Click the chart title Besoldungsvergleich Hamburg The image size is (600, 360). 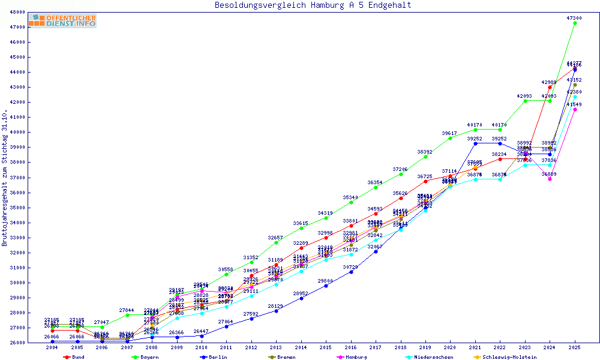pos(313,5)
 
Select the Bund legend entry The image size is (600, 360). pos(74,357)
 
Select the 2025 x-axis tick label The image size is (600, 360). pos(575,347)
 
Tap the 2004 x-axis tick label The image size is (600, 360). pos(52,347)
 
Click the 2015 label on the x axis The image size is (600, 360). pos(326,347)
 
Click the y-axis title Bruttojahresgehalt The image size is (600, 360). pos(5,178)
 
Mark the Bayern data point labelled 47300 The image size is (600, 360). pos(575,23)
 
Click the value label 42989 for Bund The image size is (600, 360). pos(549,82)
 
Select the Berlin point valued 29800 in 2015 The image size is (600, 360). pos(326,286)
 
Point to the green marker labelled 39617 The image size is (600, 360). pos(450,138)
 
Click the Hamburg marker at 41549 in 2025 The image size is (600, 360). pos(575,109)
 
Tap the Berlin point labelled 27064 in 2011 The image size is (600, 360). pos(226,326)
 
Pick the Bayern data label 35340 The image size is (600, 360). pos(350,197)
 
